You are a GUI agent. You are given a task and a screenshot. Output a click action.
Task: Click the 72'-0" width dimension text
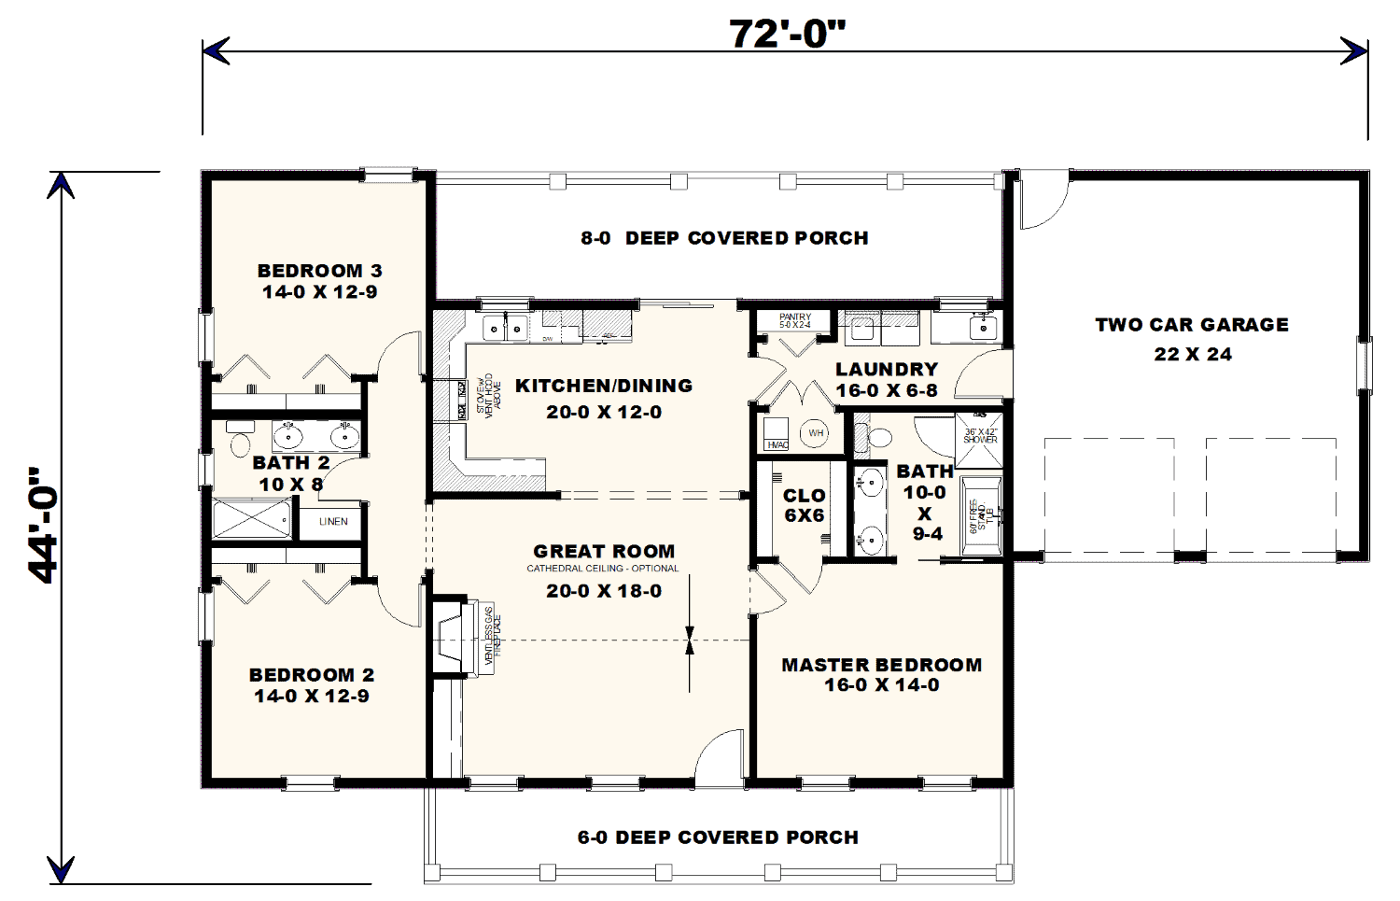pos(787,34)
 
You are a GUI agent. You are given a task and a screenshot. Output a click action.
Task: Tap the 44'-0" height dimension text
pos(43,526)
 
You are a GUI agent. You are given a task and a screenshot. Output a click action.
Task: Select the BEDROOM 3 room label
pos(319,271)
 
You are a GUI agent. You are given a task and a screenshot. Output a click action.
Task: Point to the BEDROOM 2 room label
pos(312,674)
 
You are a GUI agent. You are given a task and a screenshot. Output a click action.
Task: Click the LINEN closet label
pos(333,522)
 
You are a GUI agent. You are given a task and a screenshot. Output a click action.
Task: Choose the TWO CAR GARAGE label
pos(1192,325)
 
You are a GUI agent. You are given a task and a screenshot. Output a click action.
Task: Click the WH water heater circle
pos(815,433)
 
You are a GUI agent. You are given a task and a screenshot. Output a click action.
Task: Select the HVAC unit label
pos(777,444)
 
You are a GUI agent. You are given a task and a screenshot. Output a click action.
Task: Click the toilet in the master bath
pos(877,436)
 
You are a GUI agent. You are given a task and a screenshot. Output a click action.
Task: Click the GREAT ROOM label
pos(604,552)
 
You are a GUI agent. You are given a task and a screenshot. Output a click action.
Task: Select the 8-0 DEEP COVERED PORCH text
pos(724,238)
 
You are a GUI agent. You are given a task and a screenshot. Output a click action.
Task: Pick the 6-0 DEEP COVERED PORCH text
pos(718,838)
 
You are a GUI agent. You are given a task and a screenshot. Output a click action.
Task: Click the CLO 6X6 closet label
pos(804,505)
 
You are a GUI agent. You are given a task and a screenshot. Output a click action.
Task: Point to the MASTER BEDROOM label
pos(881,665)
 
